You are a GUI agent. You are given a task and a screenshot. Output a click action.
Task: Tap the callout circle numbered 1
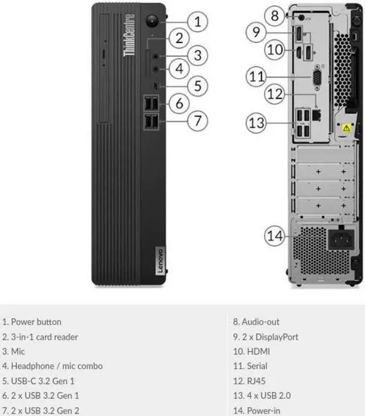(197, 22)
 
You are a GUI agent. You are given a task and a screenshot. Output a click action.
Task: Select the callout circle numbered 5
(197, 86)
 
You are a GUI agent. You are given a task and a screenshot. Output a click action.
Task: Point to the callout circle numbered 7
(197, 120)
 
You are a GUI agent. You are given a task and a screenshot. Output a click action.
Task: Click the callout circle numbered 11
(258, 76)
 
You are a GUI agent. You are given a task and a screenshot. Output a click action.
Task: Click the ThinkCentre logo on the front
(128, 35)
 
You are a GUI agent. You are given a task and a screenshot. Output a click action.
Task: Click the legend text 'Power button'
(36, 322)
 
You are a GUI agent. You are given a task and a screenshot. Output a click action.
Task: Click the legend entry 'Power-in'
(261, 410)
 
